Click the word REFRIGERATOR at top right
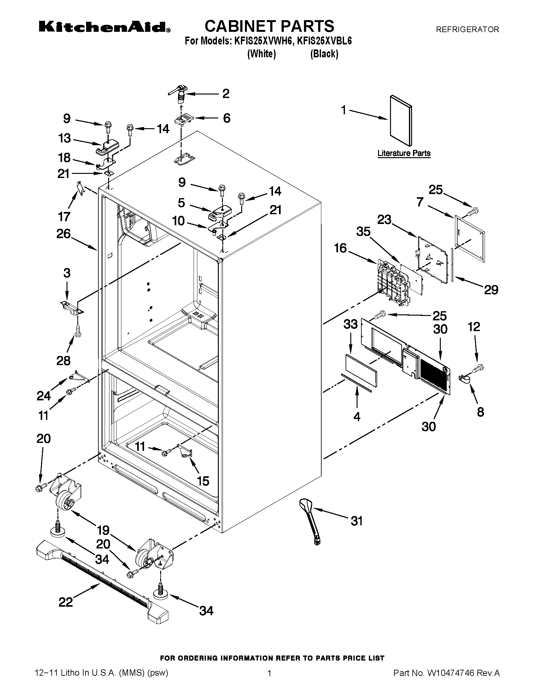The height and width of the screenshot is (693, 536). pos(467,30)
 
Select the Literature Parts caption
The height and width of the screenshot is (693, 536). pos(404,153)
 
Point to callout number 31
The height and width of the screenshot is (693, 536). pos(357,521)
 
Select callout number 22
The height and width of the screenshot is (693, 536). pos(66,602)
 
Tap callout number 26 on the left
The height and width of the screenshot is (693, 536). pos(63,234)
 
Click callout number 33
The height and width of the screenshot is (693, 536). pos(351,324)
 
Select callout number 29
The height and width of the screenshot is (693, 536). pos(491,290)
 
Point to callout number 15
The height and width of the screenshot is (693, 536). pos(203,481)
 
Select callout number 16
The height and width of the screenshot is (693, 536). pos(341,248)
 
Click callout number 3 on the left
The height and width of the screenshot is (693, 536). pos(67,273)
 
